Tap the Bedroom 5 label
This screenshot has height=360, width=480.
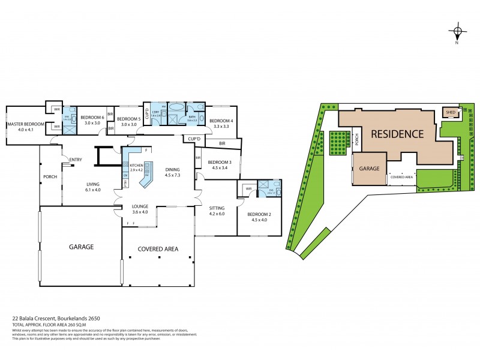tap(128, 119)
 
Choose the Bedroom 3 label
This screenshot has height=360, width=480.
tap(220, 163)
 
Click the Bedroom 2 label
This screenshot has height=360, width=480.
tap(253, 214)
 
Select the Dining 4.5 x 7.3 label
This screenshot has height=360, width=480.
tap(172, 172)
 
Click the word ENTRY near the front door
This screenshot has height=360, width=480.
tap(76, 159)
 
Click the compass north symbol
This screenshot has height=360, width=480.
tap(457, 32)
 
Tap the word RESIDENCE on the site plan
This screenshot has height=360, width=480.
tap(396, 134)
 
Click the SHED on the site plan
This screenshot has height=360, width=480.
tap(450, 112)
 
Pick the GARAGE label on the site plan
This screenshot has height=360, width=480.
tap(369, 169)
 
